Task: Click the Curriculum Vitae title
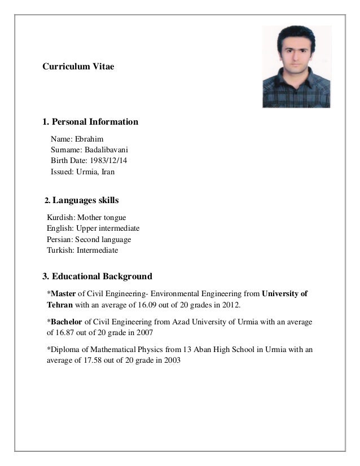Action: (x=78, y=67)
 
